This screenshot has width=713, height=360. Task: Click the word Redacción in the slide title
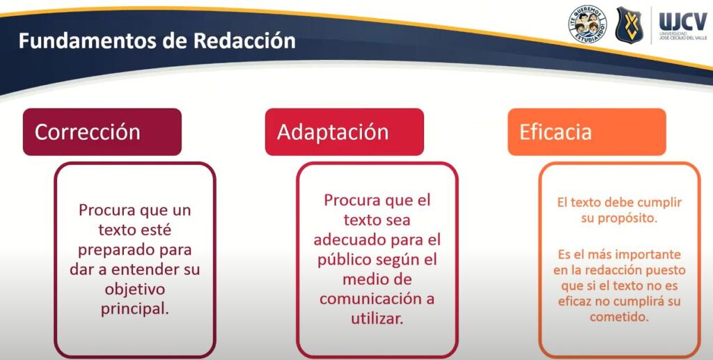244,41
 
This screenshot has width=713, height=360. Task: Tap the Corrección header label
87,132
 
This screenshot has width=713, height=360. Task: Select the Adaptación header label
333,132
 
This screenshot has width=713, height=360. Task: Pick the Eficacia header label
555,132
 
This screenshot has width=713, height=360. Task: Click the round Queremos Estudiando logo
588,24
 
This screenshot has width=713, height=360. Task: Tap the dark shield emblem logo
629,24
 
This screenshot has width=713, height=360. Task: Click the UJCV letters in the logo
683,22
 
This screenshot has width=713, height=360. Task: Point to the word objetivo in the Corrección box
134,290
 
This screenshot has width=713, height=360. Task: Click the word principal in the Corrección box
134,309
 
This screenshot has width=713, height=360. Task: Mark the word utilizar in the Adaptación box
377,318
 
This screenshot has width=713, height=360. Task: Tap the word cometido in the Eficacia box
619,317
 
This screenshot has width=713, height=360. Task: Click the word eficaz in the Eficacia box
574,302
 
